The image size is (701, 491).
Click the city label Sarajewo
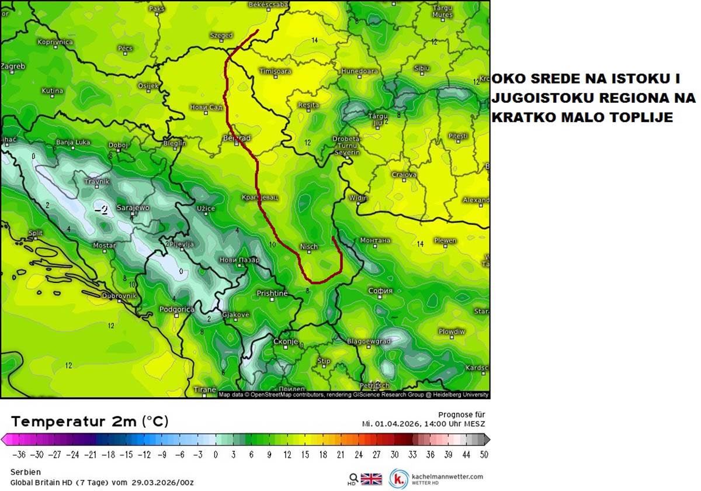tap(133, 208)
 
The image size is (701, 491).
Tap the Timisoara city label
tap(275, 71)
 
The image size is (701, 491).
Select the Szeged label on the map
tap(221, 36)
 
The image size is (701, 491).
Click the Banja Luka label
tap(73, 142)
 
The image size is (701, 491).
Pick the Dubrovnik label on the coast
tap(119, 296)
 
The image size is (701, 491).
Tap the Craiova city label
tap(404, 175)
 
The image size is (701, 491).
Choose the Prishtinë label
tap(273, 293)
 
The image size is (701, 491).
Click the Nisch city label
tap(308, 247)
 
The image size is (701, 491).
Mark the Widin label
tap(358, 198)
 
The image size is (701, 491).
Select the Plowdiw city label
tap(452, 331)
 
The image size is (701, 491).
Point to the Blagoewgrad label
tap(369, 341)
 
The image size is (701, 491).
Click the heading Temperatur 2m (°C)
tap(89, 421)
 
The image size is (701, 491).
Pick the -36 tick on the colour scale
tap(20, 454)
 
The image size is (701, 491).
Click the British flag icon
tap(371, 479)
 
